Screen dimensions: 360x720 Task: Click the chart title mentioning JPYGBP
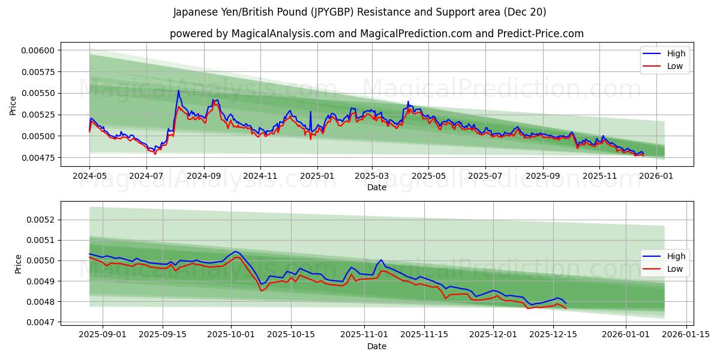(359, 12)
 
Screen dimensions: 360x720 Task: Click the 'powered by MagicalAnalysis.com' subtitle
(376, 34)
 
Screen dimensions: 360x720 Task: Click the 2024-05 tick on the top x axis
(89, 176)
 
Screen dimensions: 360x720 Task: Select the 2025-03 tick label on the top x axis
(371, 176)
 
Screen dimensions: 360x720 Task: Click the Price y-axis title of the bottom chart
(18, 264)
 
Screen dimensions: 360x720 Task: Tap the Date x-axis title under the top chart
(376, 188)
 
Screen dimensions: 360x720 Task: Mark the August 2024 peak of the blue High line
(178, 91)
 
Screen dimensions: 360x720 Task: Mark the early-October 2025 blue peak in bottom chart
(235, 251)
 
